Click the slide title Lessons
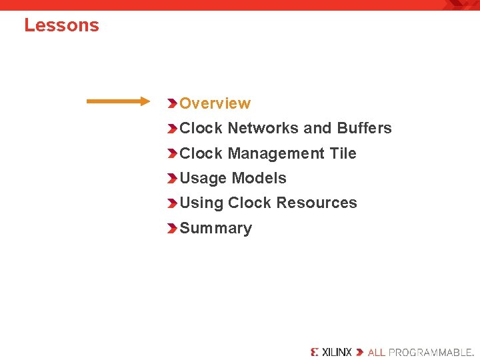[x=61, y=25]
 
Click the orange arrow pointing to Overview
[x=119, y=101]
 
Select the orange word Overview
[x=215, y=103]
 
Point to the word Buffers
[x=364, y=128]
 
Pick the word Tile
[x=343, y=153]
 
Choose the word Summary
[x=215, y=228]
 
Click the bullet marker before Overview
[x=172, y=103]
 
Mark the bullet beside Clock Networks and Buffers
[x=172, y=128]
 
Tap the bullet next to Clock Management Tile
[x=172, y=153]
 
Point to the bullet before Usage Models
[x=172, y=178]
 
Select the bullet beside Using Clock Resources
[x=172, y=203]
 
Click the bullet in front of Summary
[x=172, y=228]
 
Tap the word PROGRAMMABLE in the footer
[x=430, y=351]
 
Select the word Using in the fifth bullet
[x=201, y=203]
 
